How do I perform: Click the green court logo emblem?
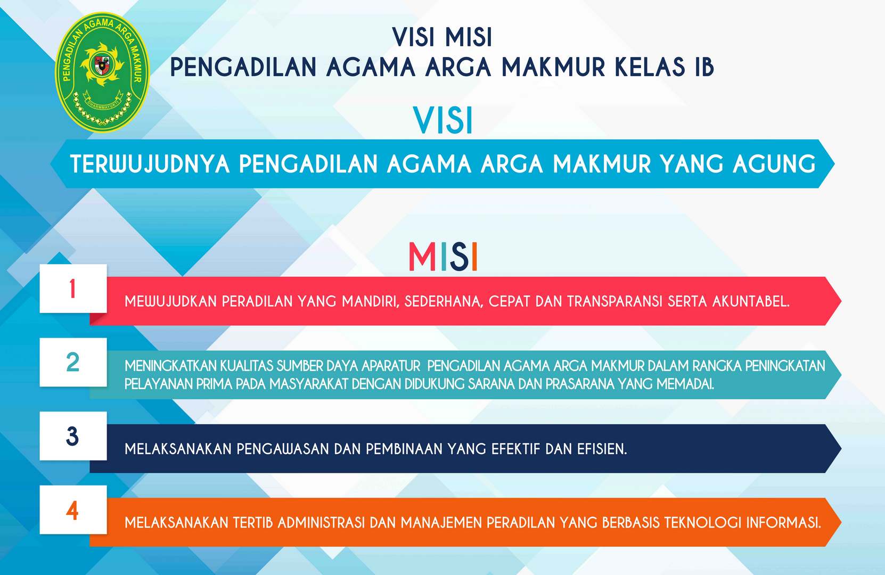coord(102,72)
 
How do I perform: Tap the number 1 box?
coord(73,288)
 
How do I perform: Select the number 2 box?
coord(73,362)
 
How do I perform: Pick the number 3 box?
coord(73,436)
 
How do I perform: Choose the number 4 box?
coord(73,510)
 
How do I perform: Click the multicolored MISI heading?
coord(443,257)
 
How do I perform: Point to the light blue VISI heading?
coord(443,120)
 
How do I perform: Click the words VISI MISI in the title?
coord(442,37)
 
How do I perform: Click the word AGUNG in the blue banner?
coord(774,164)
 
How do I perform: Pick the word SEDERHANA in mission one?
coord(444,302)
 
